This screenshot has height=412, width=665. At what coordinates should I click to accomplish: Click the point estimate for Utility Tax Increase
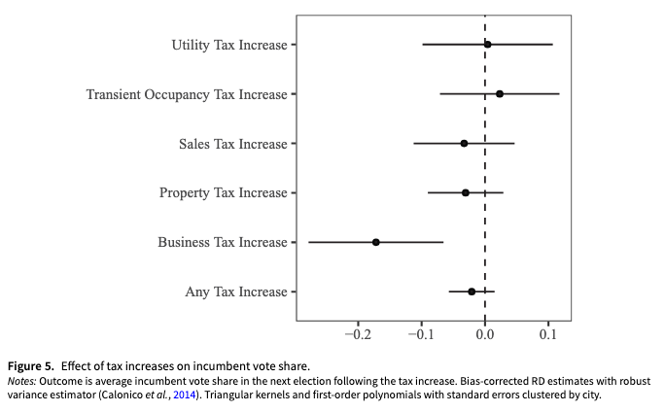(x=487, y=44)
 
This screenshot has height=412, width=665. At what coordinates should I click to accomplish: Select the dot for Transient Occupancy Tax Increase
(x=500, y=94)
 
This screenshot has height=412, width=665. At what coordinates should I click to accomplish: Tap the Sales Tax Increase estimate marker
(x=464, y=144)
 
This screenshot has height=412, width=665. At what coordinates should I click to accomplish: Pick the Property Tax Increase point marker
(x=466, y=192)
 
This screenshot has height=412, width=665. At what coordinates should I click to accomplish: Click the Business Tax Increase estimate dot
(x=375, y=242)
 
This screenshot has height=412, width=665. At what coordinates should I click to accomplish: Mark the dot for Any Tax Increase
(x=472, y=292)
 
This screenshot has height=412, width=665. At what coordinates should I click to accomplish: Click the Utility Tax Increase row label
(x=229, y=45)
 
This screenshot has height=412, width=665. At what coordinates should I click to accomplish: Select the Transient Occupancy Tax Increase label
(x=187, y=94)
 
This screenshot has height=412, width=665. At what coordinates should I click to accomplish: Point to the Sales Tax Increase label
(x=233, y=144)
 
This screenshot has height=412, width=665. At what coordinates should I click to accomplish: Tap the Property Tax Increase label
(x=224, y=192)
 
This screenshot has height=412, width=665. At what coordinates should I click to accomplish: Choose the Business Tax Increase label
(x=223, y=242)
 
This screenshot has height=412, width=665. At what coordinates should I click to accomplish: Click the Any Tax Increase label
(x=236, y=292)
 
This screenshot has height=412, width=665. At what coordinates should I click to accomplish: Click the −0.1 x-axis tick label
(x=420, y=334)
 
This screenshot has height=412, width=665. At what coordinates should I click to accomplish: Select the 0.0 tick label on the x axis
(x=485, y=334)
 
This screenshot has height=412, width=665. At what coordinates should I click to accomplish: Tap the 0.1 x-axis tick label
(x=548, y=334)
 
